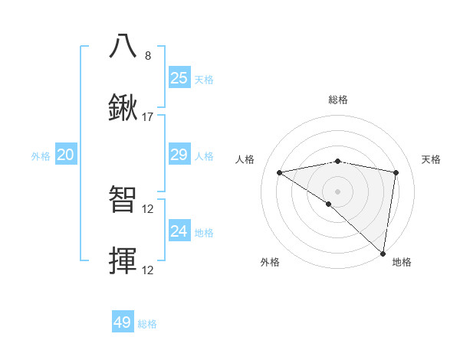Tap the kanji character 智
pyautogui.click(x=123, y=198)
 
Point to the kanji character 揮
pyautogui.click(x=123, y=260)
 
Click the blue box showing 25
pyautogui.click(x=179, y=77)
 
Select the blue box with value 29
pyautogui.click(x=179, y=155)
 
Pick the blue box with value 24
pyautogui.click(x=179, y=231)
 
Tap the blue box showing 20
pyautogui.click(x=66, y=155)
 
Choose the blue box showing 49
pyautogui.click(x=123, y=322)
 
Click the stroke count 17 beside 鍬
pyautogui.click(x=148, y=118)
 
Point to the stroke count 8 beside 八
pyautogui.click(x=148, y=56)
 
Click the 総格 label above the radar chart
pyautogui.click(x=337, y=100)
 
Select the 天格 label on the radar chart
pyautogui.click(x=432, y=159)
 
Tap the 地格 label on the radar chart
pyautogui.click(x=402, y=262)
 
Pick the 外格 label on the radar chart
pyautogui.click(x=270, y=262)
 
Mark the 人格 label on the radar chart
pyautogui.click(x=245, y=159)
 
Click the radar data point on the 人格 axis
pyautogui.click(x=280, y=172)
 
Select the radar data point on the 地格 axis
pyautogui.click(x=383, y=254)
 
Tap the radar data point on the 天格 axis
pyautogui.click(x=396, y=172)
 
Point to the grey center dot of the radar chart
pyautogui.click(x=337, y=191)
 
